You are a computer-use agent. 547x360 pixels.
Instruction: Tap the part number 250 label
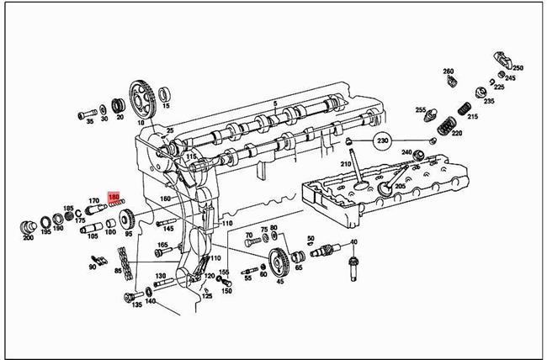pyautogui.click(x=518, y=68)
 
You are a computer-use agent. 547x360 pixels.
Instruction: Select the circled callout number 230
pyautogui.click(x=383, y=140)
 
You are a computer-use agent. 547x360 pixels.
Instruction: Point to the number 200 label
pyautogui.click(x=28, y=238)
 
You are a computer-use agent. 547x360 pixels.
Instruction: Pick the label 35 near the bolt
pyautogui.click(x=90, y=120)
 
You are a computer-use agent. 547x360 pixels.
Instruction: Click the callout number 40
pyautogui.click(x=353, y=242)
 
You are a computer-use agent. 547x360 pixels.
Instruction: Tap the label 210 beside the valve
pyautogui.click(x=345, y=163)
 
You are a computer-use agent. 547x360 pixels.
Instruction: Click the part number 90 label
pyautogui.click(x=92, y=267)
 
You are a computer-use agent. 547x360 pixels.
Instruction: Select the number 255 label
pyautogui.click(x=420, y=110)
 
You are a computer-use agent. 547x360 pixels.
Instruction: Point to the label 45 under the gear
pyautogui.click(x=280, y=282)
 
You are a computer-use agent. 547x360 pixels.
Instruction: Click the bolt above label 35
pyautogui.click(x=87, y=111)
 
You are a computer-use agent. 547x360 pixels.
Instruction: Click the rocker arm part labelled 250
pyautogui.click(x=502, y=60)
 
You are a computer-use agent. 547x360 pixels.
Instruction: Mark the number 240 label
pyautogui.click(x=407, y=153)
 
